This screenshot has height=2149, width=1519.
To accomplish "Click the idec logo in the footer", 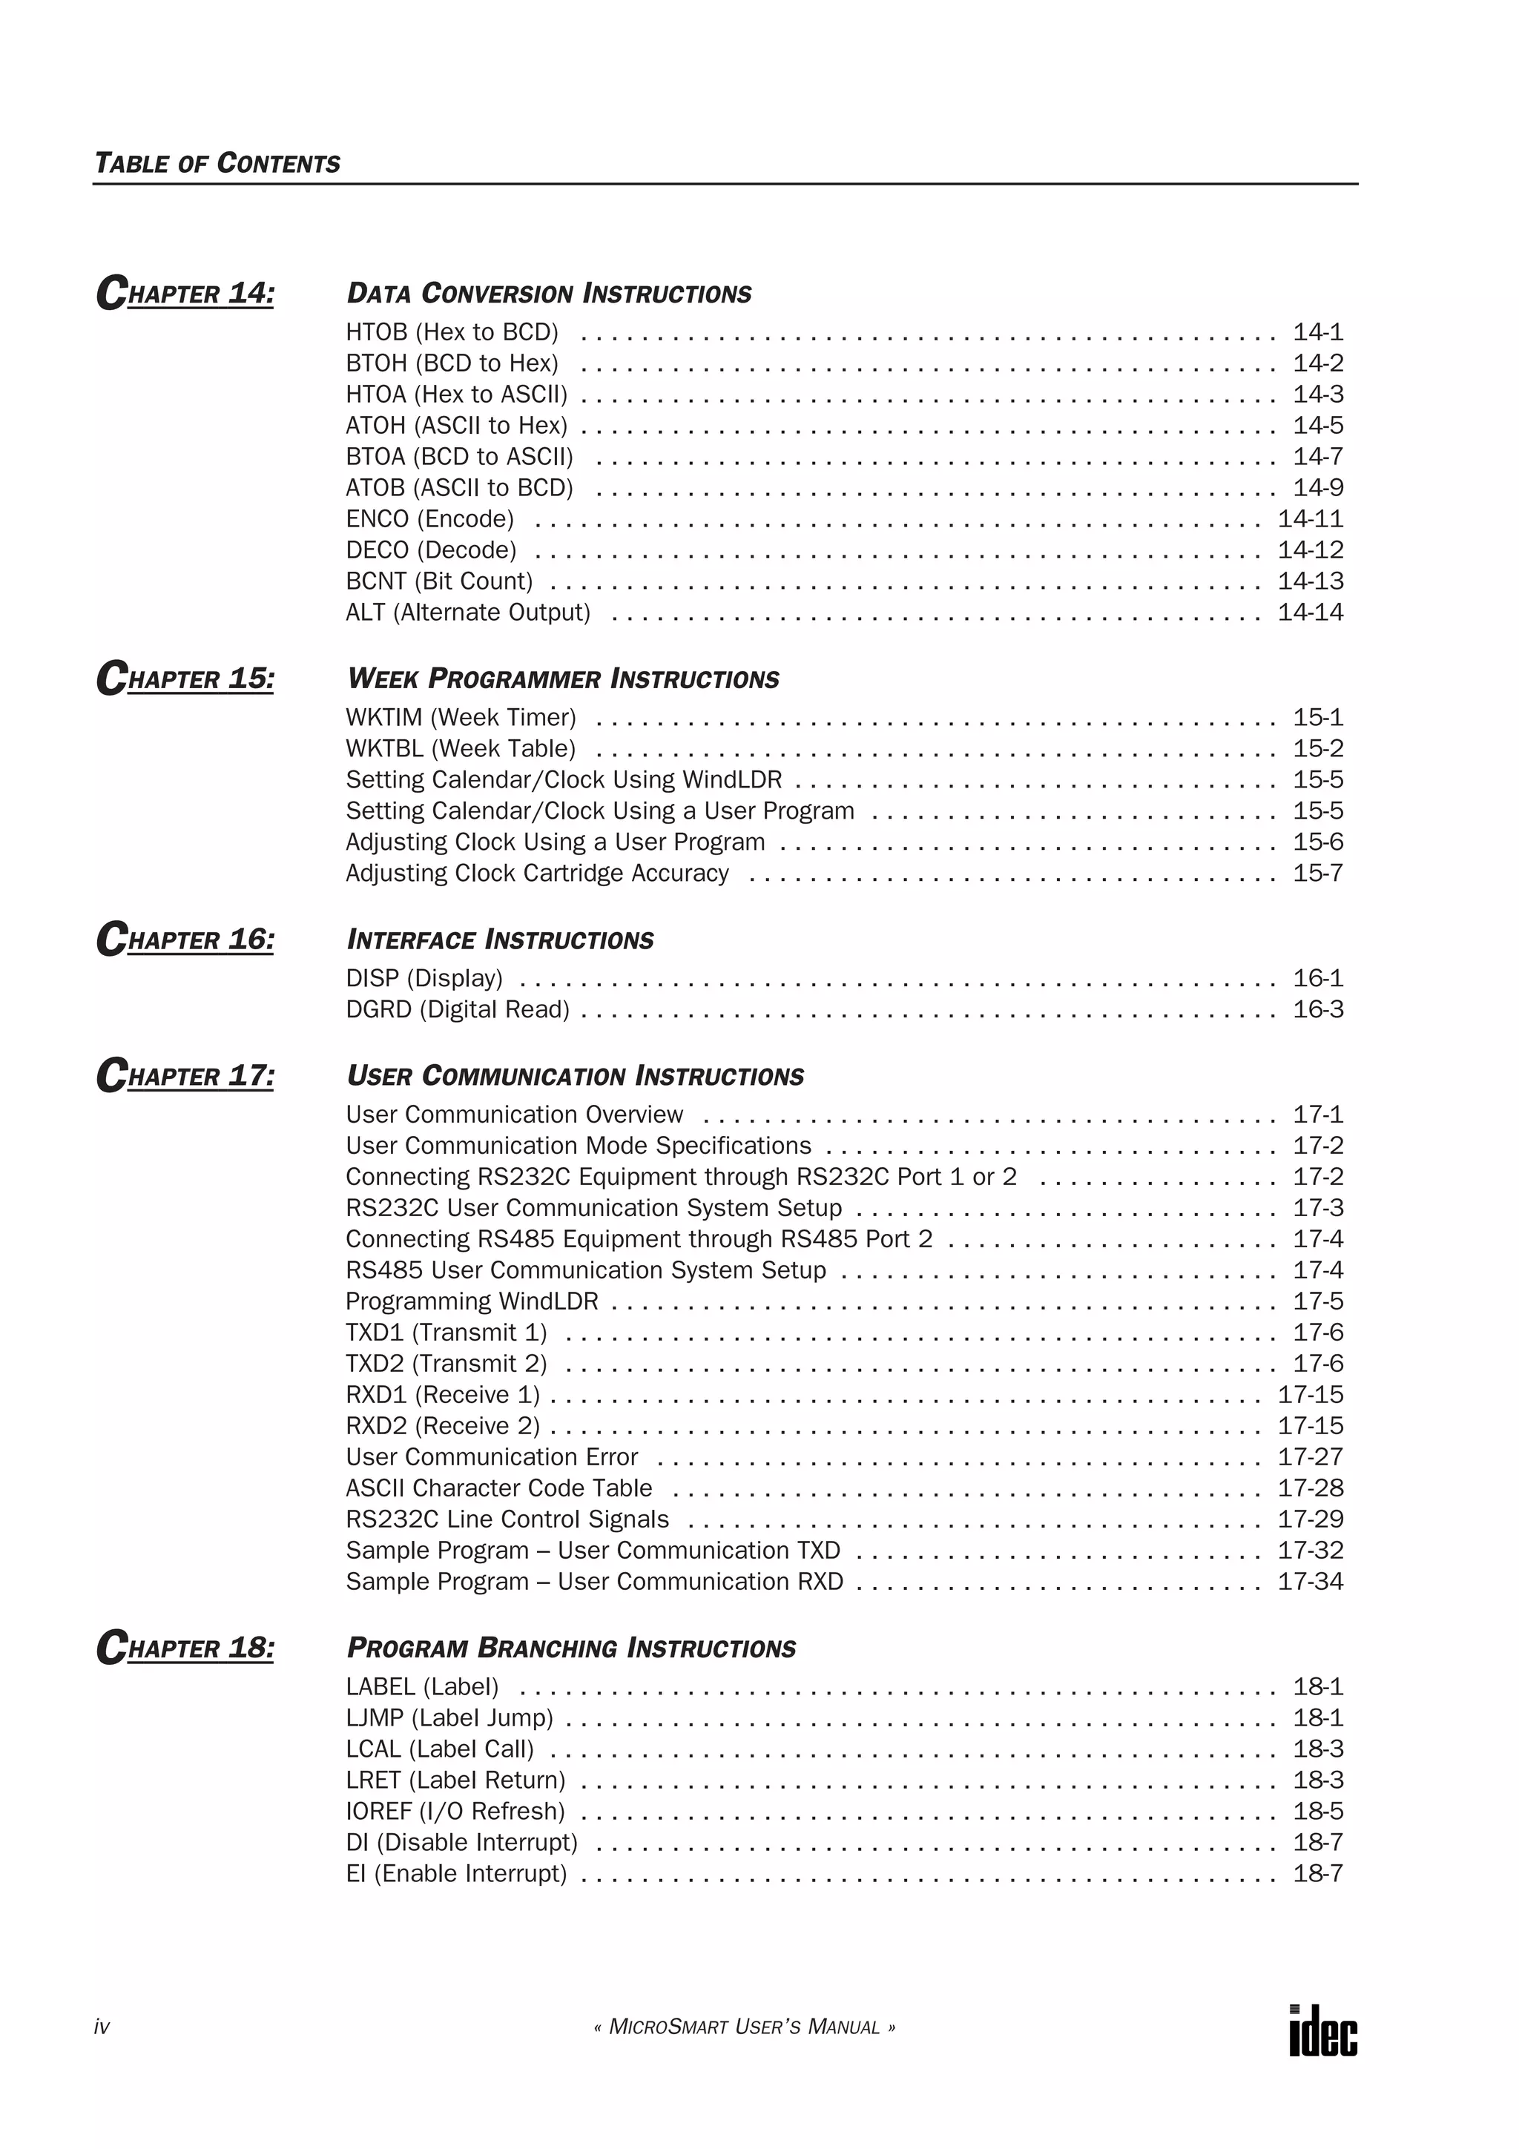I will (1322, 2029).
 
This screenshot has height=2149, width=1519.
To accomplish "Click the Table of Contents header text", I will (217, 164).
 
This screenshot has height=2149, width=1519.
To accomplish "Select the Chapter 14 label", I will (185, 293).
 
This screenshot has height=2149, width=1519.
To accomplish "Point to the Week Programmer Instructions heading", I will (562, 679).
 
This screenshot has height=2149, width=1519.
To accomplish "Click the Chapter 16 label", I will (185, 939).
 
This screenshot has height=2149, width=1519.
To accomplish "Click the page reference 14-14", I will (1311, 612).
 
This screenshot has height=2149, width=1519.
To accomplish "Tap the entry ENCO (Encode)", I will (429, 518).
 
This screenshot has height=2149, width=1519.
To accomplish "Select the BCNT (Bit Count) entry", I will (439, 581).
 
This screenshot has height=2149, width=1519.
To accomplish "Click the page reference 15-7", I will (1318, 874).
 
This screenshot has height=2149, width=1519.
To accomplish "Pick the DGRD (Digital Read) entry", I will (458, 1009).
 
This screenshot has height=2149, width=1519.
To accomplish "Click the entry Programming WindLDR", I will (472, 1301).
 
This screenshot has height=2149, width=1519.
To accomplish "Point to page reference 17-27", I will (1311, 1456).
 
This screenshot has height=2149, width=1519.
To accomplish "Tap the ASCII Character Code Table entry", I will (499, 1488).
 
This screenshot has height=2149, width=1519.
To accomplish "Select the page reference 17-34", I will (1311, 1581).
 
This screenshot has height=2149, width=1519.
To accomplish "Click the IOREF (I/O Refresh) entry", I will (455, 1811).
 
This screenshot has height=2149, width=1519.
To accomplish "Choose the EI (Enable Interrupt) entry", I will (456, 1873).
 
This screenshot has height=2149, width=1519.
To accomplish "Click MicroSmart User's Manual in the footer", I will (744, 2027).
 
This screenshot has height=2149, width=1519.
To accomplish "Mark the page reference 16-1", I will (1318, 978).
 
